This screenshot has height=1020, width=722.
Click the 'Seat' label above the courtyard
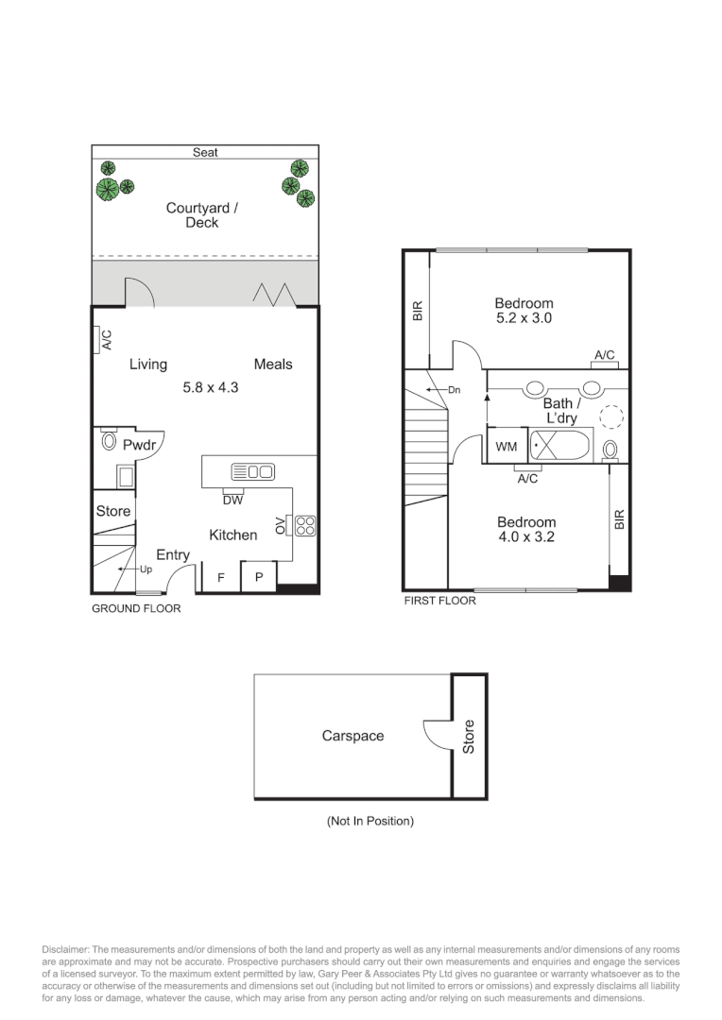tap(205, 152)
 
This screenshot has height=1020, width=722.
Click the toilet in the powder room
tap(109, 441)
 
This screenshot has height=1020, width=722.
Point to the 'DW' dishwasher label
tap(233, 501)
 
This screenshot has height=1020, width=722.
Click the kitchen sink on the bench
tap(252, 471)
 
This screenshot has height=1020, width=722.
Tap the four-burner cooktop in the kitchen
tap(305, 525)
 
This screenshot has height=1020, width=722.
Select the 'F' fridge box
tap(220, 577)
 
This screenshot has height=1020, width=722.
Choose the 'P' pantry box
tap(258, 577)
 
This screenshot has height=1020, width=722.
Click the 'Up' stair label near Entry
tap(146, 570)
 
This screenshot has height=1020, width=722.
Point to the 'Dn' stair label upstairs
tap(454, 389)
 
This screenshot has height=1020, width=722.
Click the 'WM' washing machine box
tap(506, 446)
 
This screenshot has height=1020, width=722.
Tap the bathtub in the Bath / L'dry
tap(560, 445)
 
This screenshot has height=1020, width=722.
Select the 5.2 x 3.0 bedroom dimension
tap(524, 318)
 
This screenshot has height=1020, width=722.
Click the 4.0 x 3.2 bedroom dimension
tap(526, 537)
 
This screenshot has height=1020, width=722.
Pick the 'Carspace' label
tap(352, 736)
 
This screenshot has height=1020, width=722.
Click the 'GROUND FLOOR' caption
tap(136, 609)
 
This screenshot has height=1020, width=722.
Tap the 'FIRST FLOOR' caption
tap(439, 601)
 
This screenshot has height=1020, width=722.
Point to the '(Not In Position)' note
tap(370, 822)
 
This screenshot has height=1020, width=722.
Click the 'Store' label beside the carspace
tap(469, 737)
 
